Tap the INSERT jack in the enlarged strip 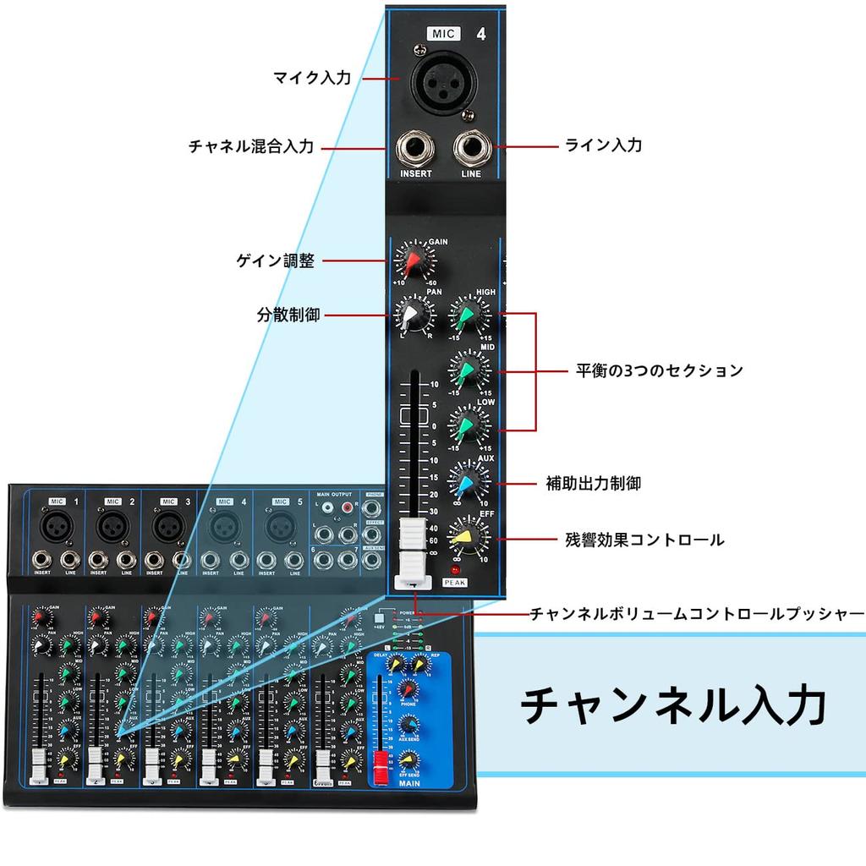[x=416, y=150]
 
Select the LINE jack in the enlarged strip [x=470, y=150]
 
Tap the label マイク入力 [x=311, y=78]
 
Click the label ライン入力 [x=603, y=145]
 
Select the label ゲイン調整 [x=275, y=261]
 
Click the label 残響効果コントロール [x=644, y=539]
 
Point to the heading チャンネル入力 [x=672, y=704]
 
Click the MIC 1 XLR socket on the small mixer [x=58, y=528]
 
